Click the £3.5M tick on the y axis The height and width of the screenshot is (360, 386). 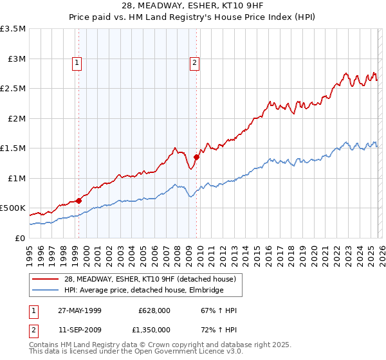pyautogui.click(x=14, y=29)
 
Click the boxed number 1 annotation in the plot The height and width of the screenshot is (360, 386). pyautogui.click(x=77, y=63)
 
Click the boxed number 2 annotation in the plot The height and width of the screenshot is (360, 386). pyautogui.click(x=194, y=63)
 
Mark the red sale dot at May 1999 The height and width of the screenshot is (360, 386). pyautogui.click(x=79, y=201)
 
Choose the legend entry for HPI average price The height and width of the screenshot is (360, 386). pyautogui.click(x=142, y=290)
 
